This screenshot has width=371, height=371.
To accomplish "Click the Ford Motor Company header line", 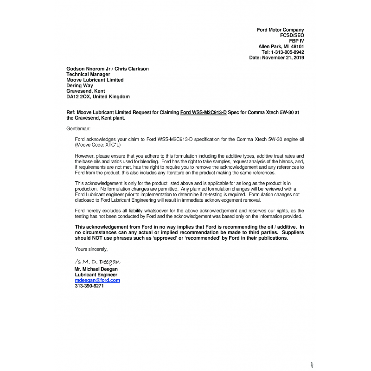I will (280, 30).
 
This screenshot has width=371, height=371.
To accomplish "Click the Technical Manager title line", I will (88, 75).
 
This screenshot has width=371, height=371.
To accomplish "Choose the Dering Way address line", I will (80, 86).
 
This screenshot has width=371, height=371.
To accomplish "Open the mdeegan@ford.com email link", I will (97, 281).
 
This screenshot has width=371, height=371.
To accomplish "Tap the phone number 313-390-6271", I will (89, 286).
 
